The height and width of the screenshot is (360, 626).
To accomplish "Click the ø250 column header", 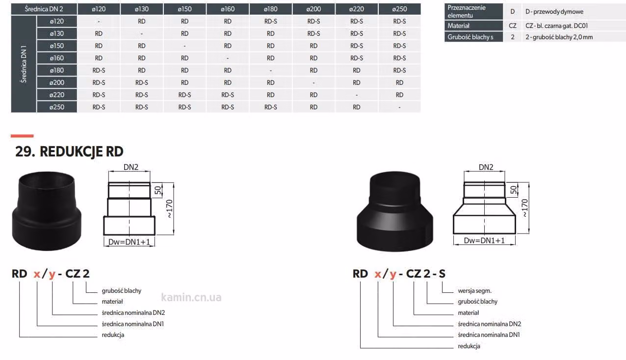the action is [x=399, y=9].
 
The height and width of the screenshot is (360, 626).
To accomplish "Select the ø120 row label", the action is [x=57, y=21].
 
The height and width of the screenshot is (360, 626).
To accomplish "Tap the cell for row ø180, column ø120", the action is [x=99, y=70].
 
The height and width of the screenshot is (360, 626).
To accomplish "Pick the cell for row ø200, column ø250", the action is [x=399, y=83].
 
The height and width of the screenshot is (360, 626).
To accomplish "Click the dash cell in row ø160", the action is [x=228, y=58].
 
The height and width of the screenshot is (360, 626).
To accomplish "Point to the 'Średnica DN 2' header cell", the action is [x=44, y=9].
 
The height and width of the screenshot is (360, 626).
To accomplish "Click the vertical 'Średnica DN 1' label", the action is [x=24, y=64].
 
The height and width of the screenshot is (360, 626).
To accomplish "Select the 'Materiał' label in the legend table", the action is [x=458, y=26].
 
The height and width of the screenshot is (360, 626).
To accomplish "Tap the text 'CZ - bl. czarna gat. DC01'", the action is [x=557, y=26].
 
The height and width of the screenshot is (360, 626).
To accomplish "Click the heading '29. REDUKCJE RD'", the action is [x=69, y=152].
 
